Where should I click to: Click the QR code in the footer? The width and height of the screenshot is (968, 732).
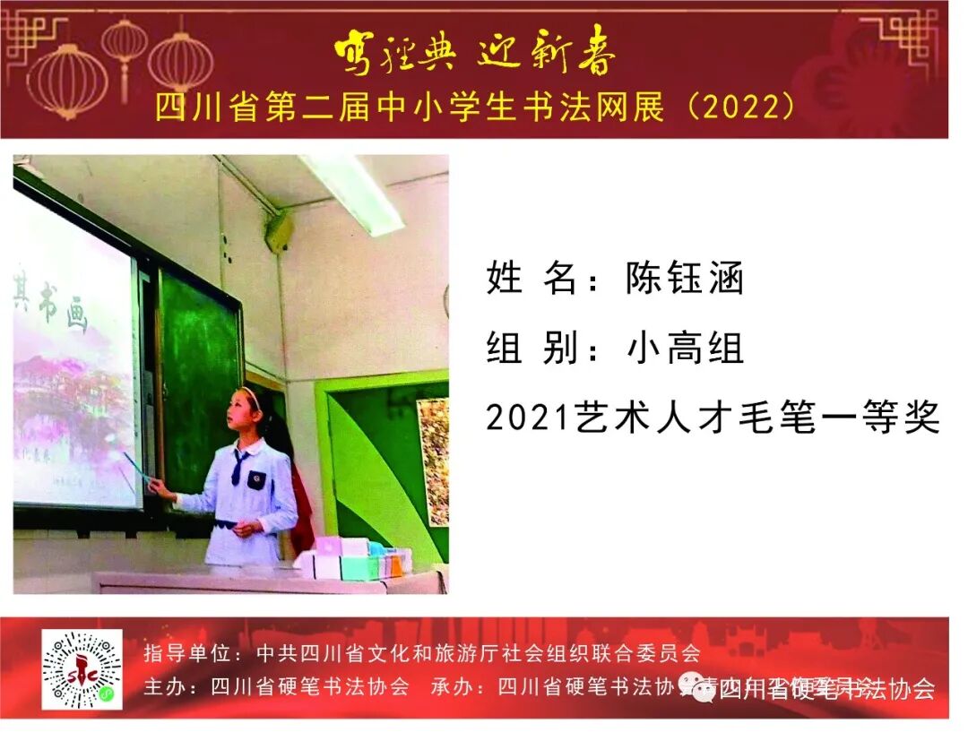(82, 669)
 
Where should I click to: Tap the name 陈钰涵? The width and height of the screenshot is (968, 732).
(685, 280)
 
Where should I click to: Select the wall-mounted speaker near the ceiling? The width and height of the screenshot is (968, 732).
(279, 231)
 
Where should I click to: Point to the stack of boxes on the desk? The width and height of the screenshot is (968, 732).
(354, 559)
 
